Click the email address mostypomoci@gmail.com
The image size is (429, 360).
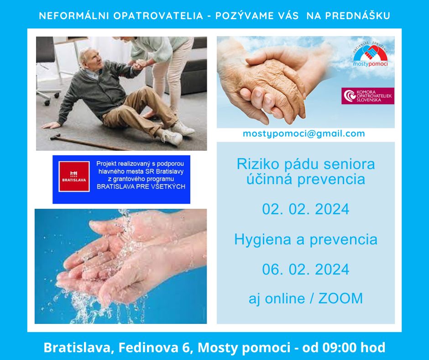pos(303,134)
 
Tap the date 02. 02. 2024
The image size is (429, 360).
pos(306,209)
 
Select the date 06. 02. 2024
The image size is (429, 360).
pos(306,270)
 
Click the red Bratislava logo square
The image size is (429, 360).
pos(74,176)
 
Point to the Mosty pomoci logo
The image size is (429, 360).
pos(370,56)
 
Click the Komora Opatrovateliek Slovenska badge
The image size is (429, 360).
pos(368,96)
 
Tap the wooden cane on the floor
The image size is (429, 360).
pos(88,143)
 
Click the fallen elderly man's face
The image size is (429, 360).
pos(92,59)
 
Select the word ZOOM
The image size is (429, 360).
pos(340,298)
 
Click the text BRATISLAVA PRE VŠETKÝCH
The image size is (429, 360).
pos(141,186)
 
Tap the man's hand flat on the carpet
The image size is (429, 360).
pos(51,126)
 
